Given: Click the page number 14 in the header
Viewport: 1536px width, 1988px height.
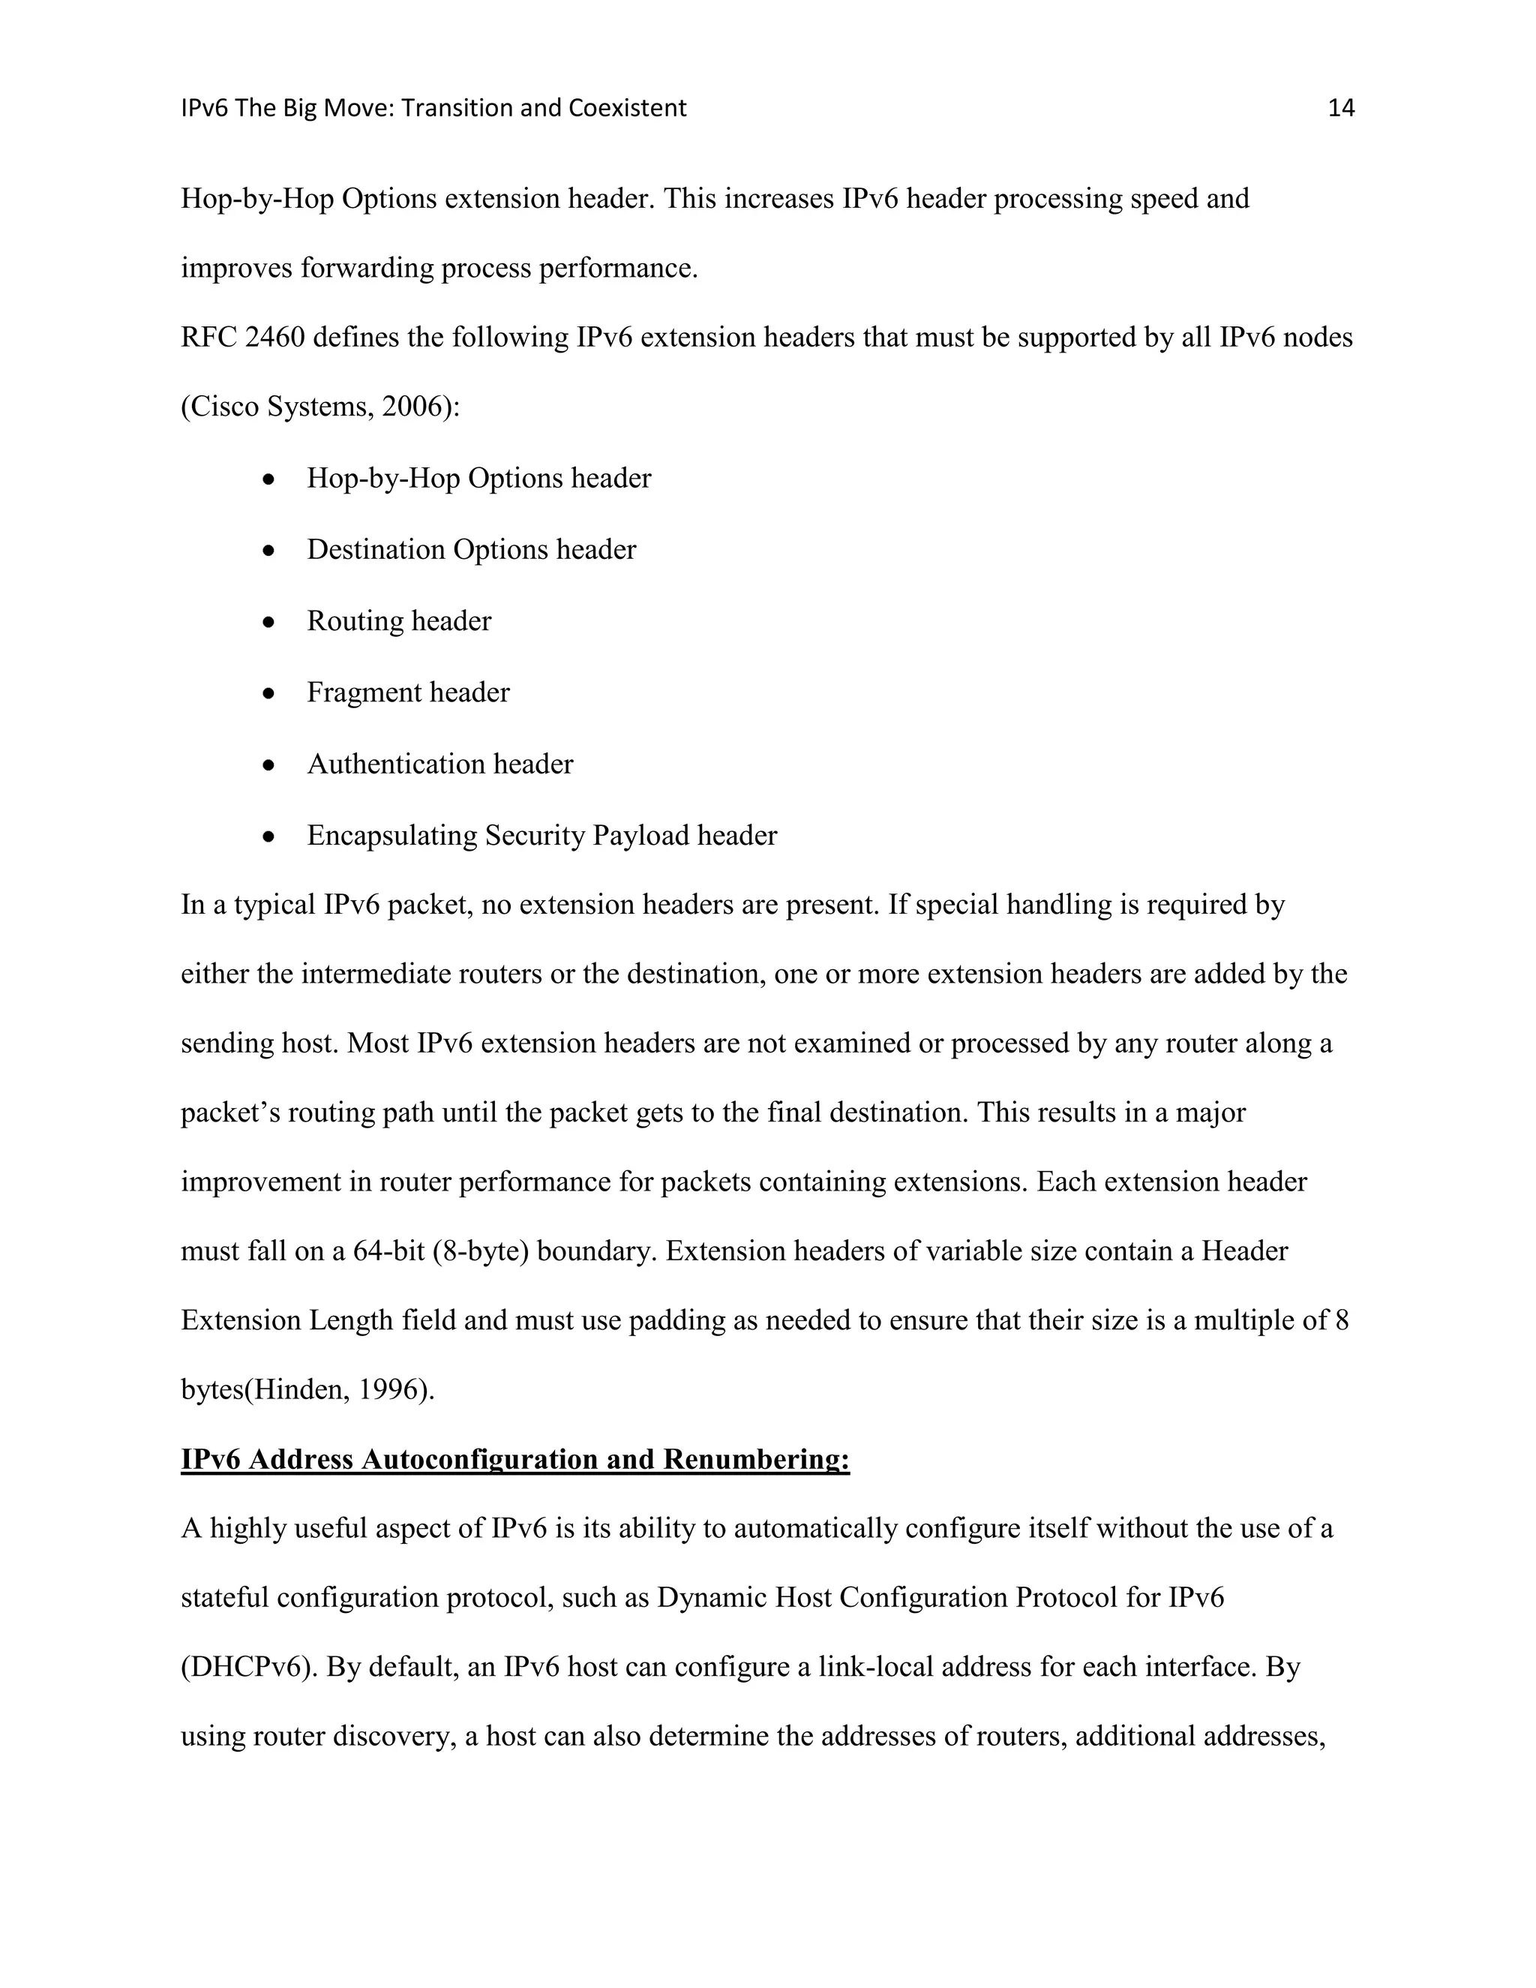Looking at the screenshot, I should click(x=1340, y=108).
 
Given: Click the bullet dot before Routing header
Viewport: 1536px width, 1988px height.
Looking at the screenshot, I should click(x=268, y=623).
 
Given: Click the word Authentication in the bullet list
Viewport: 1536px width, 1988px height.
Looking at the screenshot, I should click(x=396, y=764).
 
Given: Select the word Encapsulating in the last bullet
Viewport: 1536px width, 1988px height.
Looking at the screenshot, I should click(x=391, y=836).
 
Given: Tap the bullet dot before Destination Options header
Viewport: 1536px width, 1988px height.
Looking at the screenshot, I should click(x=268, y=551).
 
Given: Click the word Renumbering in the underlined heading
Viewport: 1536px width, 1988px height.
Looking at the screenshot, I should click(x=755, y=1460).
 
